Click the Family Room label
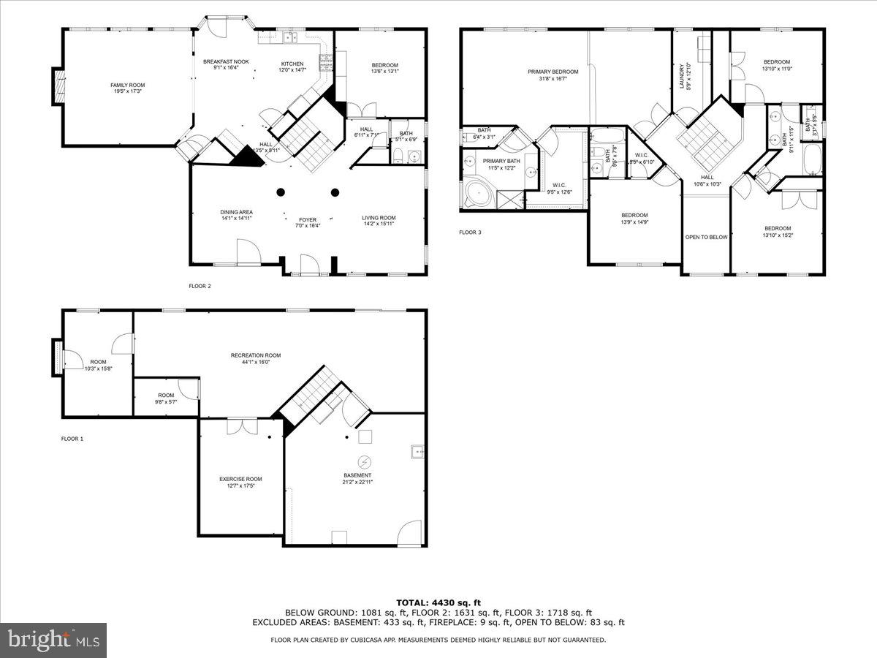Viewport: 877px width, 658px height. pos(127,86)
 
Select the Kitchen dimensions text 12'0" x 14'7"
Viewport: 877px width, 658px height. pos(291,70)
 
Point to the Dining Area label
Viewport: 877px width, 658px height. pos(236,212)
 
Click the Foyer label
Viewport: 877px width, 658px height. pos(307,219)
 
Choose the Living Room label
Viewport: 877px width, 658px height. pos(379,217)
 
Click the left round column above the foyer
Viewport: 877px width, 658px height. pos(281,193)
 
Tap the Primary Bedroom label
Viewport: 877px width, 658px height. pos(553,72)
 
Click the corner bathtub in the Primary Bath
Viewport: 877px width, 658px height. pos(476,194)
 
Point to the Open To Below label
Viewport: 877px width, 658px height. pos(706,237)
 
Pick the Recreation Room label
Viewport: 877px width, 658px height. pos(256,355)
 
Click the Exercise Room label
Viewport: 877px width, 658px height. pos(240,479)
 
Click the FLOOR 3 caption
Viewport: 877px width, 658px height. pos(470,232)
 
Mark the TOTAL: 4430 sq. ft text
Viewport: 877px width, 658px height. pos(438,602)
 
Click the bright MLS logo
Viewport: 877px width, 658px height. pos(53,640)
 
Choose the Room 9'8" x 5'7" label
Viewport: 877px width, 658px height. pos(166,396)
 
